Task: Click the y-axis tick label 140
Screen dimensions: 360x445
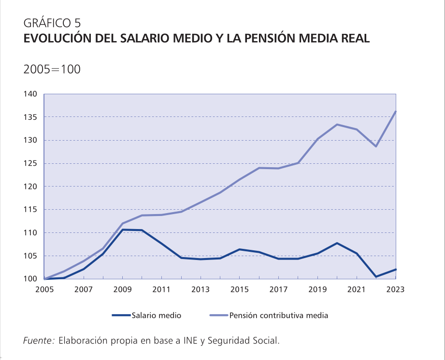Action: tap(30, 94)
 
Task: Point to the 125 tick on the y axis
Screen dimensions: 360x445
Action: tap(30, 163)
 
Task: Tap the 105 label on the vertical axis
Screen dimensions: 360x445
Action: tap(30, 256)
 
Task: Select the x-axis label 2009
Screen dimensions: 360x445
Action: tap(122, 289)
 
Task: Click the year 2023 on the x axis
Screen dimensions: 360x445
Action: tap(395, 289)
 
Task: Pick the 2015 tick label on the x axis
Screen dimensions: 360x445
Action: tap(239, 289)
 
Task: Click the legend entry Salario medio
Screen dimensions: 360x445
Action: tap(156, 316)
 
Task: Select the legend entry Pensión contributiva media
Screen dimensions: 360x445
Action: tap(279, 316)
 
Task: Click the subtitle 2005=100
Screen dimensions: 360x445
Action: tap(52, 69)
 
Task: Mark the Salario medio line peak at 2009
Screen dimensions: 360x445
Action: tap(122, 230)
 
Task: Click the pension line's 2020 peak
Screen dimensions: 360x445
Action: tap(337, 125)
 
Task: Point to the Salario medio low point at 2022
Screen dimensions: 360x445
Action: tap(376, 277)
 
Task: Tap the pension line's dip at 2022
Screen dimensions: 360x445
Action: tap(376, 146)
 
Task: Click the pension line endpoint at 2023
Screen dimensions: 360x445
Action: tap(396, 112)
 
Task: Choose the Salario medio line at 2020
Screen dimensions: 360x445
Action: tap(337, 243)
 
